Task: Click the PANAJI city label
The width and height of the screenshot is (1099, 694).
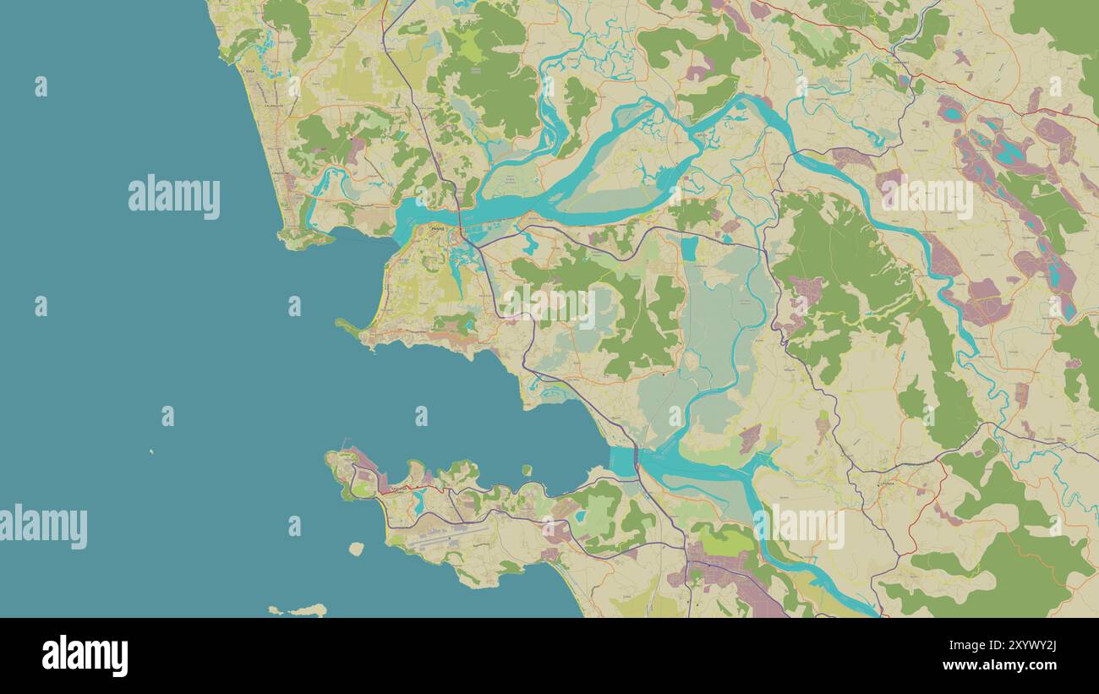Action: [x=436, y=228]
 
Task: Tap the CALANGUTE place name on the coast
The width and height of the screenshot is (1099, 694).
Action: [x=272, y=107]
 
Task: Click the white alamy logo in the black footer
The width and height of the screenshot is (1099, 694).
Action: [x=85, y=656]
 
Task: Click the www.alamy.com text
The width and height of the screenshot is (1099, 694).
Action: [x=1007, y=665]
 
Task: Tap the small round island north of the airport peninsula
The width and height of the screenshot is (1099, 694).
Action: [x=526, y=470]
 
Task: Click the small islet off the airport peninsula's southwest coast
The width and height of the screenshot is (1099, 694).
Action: [x=356, y=549]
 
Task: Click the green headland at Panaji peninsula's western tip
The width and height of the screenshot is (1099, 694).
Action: [x=347, y=325]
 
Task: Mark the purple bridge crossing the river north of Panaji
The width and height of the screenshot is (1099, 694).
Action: [x=461, y=222]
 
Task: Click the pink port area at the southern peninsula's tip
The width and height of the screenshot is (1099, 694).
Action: [x=365, y=462]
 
